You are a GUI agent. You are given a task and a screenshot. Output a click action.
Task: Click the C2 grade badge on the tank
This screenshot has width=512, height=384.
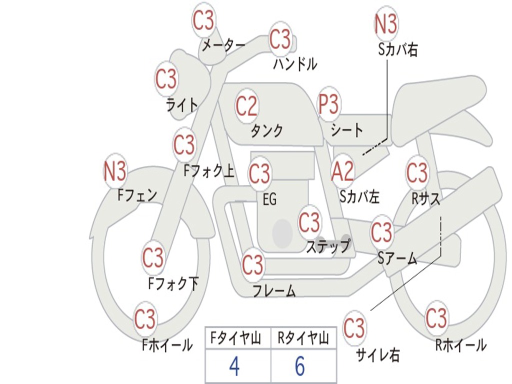(x=246, y=106)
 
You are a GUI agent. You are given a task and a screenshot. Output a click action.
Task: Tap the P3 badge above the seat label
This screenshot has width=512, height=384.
(x=329, y=105)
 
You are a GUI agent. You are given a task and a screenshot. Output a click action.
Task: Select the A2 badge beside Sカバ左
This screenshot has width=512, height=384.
(x=343, y=172)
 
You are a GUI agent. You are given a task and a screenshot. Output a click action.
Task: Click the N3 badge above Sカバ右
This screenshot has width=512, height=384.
(x=385, y=23)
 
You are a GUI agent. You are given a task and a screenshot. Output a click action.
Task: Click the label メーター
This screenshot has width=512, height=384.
(x=223, y=46)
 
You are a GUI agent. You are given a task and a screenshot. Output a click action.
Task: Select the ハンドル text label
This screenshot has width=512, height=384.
(x=295, y=64)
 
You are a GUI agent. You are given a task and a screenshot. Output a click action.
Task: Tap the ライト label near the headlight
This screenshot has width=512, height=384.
(x=182, y=105)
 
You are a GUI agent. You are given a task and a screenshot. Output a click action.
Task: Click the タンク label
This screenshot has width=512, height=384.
(x=267, y=131)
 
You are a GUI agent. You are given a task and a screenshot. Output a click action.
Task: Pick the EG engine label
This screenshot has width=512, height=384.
(x=269, y=200)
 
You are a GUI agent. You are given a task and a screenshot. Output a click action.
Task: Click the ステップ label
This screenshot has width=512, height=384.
(x=327, y=246)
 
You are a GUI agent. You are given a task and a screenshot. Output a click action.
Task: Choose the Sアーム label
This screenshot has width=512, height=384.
(x=397, y=258)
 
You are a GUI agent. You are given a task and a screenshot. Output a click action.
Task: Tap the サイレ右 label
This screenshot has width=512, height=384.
(x=377, y=355)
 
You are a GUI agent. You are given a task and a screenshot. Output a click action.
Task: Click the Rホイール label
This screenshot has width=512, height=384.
(x=460, y=345)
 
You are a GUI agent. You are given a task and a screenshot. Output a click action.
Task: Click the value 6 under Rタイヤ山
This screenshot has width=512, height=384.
(x=299, y=367)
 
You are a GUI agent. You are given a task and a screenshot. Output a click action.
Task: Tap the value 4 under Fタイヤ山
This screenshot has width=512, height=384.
(x=234, y=367)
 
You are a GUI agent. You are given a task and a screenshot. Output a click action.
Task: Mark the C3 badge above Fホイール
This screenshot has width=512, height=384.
(x=145, y=319)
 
